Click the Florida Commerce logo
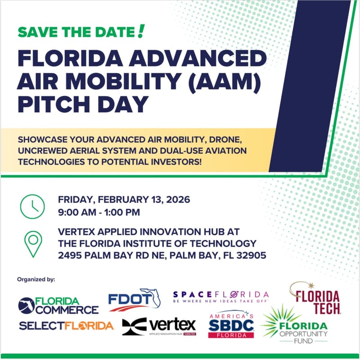58,306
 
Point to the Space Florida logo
220,296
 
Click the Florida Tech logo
315,299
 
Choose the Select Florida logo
66,325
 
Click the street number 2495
72,255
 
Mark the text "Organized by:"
36,279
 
